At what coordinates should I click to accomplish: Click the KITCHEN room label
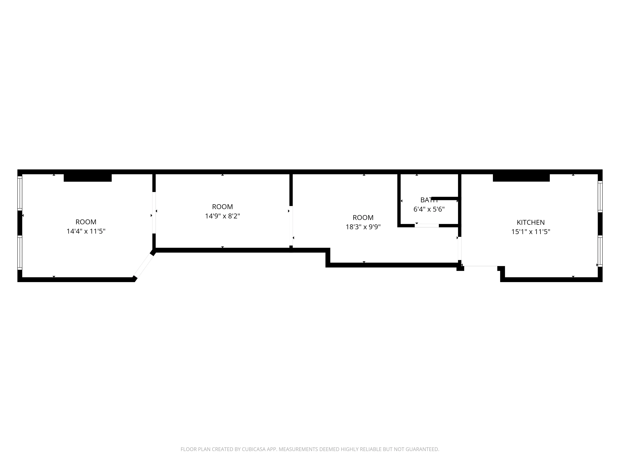point(531,222)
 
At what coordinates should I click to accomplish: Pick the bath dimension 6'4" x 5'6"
point(429,209)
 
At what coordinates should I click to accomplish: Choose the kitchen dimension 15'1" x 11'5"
point(531,232)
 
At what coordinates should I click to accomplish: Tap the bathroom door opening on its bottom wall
point(427,225)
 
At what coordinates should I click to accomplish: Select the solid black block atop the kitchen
point(521,178)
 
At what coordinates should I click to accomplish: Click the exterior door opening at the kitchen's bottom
point(480,266)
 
